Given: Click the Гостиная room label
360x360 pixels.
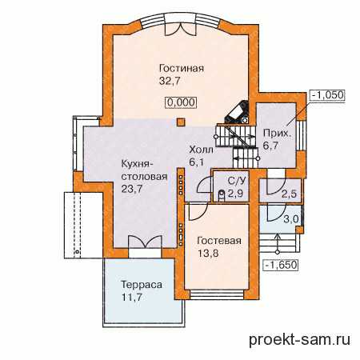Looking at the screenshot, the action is pos(182,68).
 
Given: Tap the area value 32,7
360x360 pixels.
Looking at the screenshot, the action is pos(170,81).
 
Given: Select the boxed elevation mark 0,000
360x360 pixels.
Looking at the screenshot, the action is pos(182,102).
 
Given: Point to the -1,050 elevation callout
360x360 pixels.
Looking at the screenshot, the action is pos(327,95).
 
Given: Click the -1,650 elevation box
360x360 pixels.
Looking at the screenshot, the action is pos(281,265).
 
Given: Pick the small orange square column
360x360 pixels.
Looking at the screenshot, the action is pos(181,122).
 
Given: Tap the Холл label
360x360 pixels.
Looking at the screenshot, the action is pos(201,150).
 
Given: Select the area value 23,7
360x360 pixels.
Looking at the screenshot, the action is pos(132,189).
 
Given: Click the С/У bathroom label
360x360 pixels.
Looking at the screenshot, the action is pos(237,182).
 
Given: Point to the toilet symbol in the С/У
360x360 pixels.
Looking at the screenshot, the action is pos(222,194).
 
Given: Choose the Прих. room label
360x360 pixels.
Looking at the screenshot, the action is pos(277,134).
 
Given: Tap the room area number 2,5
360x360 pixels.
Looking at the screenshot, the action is pos(289,194).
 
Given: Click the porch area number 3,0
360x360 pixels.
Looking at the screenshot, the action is pos(290,219).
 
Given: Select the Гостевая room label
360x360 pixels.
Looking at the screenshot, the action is pos(219,241).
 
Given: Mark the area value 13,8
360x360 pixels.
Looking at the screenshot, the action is pos(208,253).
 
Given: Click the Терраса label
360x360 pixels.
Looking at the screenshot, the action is pos(142,285).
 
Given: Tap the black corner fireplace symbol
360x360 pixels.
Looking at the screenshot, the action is pos(238,112).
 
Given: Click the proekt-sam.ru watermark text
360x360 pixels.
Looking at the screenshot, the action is pos(300,340).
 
